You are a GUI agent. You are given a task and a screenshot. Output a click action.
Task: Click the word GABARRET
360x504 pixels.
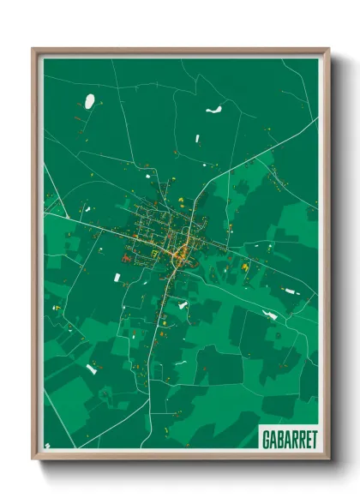coord(286,437)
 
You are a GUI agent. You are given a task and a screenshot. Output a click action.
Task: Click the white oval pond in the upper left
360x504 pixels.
coord(89,101)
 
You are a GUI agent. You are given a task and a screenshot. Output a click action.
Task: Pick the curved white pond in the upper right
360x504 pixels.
coord(213,110)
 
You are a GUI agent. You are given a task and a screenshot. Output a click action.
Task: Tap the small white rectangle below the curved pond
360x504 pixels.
coord(198,137)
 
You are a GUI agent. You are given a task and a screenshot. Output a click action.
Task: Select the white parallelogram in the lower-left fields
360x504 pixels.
coord(91,369)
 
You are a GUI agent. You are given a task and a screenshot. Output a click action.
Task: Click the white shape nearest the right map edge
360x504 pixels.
coord(290,291)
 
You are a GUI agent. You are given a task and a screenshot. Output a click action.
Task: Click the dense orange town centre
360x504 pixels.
coord(181,253)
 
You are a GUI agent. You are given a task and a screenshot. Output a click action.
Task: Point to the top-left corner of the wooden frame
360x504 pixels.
coord(33,49)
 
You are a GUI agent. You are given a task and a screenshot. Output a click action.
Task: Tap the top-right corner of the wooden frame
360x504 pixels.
coord(328,49)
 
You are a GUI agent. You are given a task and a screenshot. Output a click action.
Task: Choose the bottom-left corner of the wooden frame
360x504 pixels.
coord(33,458)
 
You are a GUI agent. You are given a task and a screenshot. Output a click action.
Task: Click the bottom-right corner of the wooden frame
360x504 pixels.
coord(328,458)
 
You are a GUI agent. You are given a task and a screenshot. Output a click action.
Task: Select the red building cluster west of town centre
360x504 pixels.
coord(127,255)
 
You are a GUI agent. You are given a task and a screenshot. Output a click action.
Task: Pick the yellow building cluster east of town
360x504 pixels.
coord(244,268)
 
